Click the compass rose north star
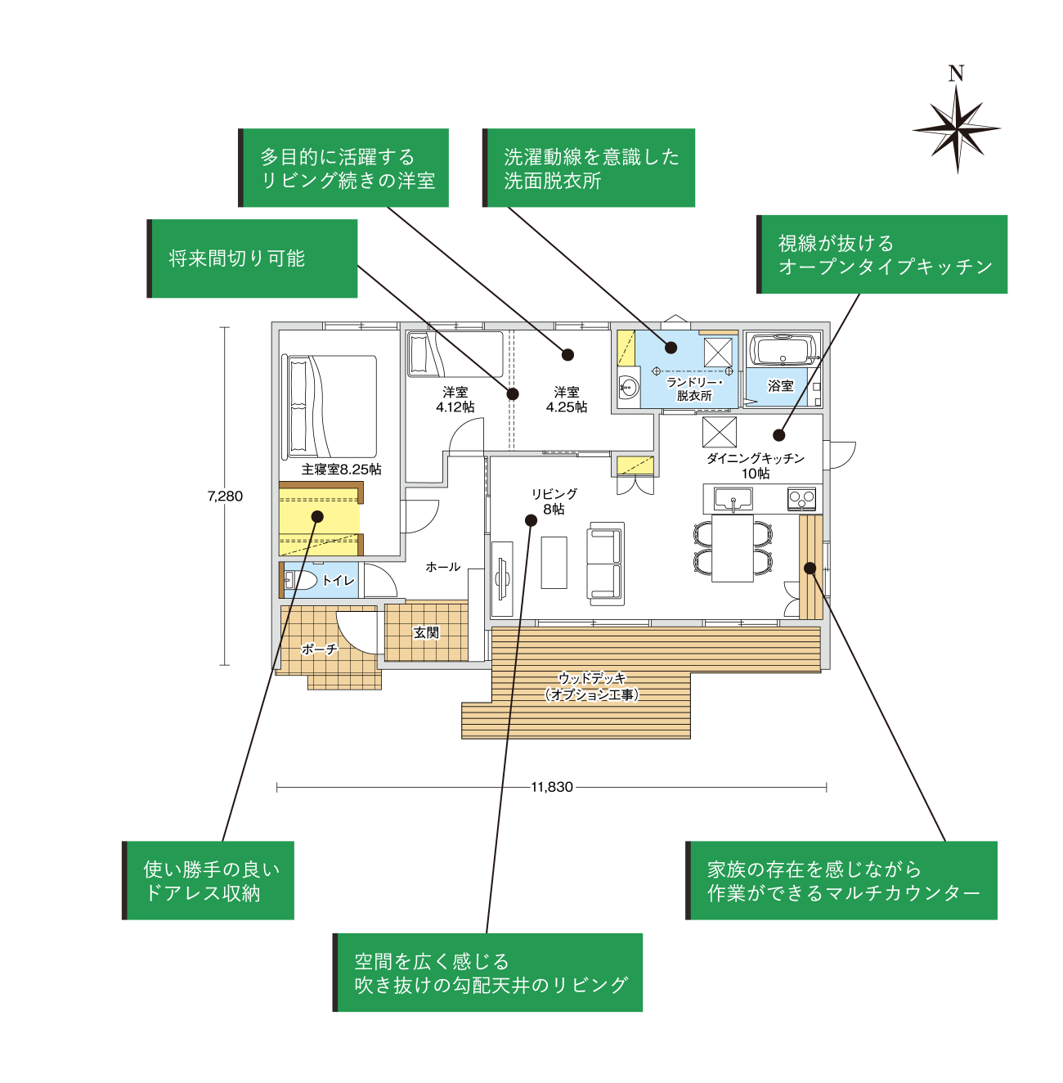[956, 128]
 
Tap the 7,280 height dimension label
[225, 496]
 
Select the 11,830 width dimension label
[552, 787]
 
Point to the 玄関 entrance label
[426, 632]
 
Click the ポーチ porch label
[319, 649]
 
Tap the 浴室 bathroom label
[781, 385]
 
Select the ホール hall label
[443, 566]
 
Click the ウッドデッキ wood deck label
[592, 686]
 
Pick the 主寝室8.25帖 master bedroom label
[341, 469]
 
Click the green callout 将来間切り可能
[253, 258]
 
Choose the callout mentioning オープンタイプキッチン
[883, 254]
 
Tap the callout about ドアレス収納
[209, 880]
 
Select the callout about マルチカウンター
[842, 880]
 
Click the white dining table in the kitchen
[733, 547]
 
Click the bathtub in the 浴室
[783, 350]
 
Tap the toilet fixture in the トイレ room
[299, 580]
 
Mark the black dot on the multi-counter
[810, 568]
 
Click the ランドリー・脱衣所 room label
[694, 389]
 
